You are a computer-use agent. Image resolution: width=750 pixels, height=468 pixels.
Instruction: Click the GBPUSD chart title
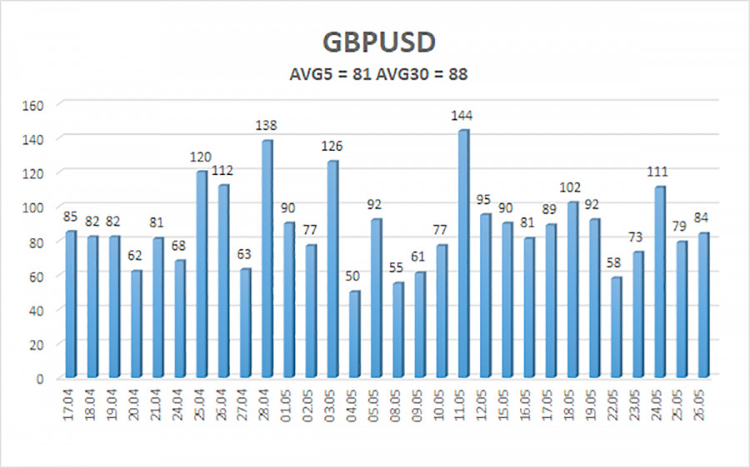tap(374, 42)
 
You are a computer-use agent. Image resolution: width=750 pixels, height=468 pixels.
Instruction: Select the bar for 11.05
tap(463, 253)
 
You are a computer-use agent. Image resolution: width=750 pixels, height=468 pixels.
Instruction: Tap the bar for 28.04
tap(267, 259)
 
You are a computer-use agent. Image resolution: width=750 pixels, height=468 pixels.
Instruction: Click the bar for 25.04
tap(201, 274)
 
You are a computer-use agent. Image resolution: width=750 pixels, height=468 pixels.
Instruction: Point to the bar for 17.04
tap(71, 304)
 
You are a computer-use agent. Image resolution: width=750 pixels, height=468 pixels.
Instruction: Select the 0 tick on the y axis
tap(38, 378)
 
